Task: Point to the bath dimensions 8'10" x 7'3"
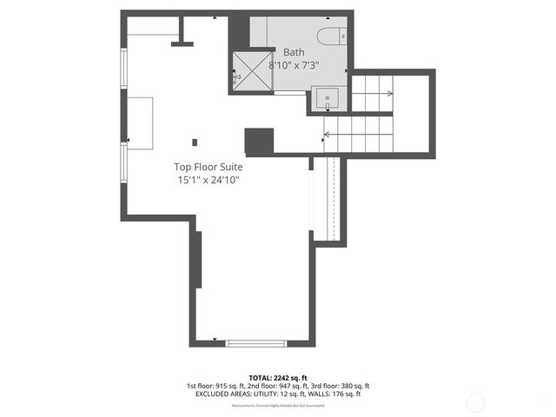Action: (x=295, y=64)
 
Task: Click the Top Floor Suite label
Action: (x=208, y=166)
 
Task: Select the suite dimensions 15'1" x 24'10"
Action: (x=208, y=180)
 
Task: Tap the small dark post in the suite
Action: (x=195, y=142)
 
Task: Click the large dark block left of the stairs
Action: (x=259, y=141)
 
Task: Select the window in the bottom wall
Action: (x=255, y=343)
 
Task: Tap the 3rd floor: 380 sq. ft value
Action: (x=345, y=386)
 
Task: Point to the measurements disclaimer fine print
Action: (x=278, y=406)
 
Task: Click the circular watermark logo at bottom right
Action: (x=474, y=401)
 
